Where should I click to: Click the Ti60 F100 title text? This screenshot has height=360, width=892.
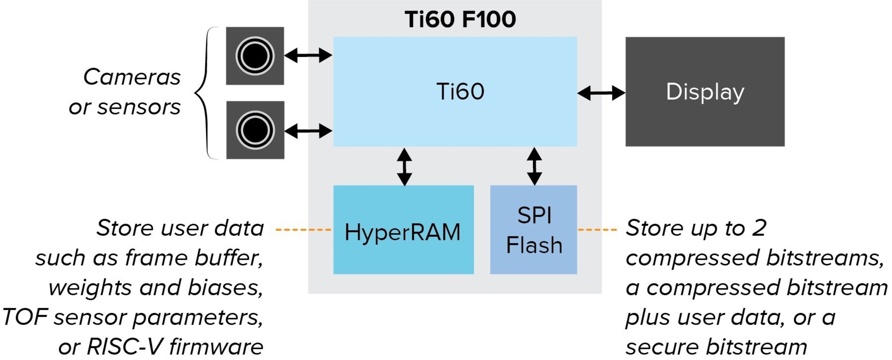pos(460,19)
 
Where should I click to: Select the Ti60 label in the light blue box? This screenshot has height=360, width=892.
pos(460,92)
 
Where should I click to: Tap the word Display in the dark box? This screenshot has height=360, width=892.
pos(705,92)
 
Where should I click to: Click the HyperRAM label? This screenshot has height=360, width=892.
pos(402,232)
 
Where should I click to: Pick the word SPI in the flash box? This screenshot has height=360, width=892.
pos(534,215)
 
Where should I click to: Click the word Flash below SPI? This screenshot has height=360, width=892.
pos(534,245)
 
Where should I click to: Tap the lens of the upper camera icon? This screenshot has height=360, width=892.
pos(255,56)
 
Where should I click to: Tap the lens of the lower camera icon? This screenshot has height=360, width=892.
pos(255,130)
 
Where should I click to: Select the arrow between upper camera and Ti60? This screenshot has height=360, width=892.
pos(308,55)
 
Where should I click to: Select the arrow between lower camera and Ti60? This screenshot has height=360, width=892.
pos(308,131)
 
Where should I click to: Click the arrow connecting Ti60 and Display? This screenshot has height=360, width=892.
pos(601,93)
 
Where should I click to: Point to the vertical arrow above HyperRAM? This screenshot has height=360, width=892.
pos(404,167)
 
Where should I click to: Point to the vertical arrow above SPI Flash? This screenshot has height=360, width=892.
pos(534,166)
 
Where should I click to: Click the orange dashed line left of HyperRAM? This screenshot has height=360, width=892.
pos(303,230)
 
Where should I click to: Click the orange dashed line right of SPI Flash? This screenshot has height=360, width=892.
pos(597,230)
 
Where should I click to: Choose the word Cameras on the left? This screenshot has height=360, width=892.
pos(132,77)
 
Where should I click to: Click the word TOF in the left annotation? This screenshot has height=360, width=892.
pos(25,317)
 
